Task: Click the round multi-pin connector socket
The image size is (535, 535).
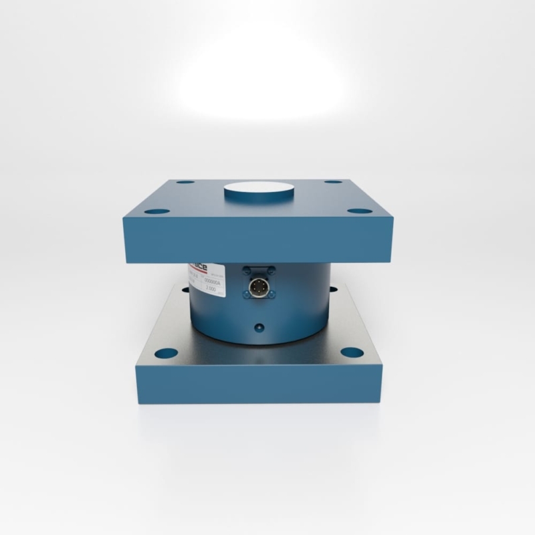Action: coord(258,288)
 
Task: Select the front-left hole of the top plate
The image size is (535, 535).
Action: coord(157,211)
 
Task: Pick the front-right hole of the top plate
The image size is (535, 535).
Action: coord(360,211)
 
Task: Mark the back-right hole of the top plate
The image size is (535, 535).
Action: coord(333,182)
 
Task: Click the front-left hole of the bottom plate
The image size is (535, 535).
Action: coord(167,353)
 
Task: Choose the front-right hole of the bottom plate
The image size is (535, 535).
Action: coord(352,352)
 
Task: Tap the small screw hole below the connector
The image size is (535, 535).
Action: coord(259,328)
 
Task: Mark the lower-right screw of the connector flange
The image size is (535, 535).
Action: coord(269,295)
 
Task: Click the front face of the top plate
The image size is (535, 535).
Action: coord(257,241)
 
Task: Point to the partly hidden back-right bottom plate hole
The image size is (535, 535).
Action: coord(334,289)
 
